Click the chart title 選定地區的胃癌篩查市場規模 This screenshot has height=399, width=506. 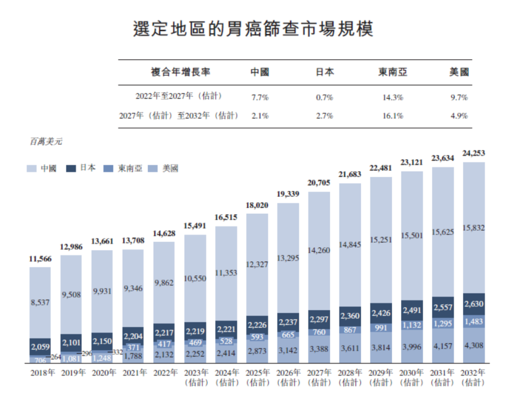(253, 29)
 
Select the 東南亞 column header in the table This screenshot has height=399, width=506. (393, 72)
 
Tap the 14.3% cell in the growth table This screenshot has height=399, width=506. (393, 98)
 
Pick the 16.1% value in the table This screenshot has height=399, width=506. (393, 115)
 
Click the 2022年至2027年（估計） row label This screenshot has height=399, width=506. (179, 97)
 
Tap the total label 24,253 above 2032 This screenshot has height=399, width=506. (474, 153)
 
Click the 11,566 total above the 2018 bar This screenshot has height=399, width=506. (40, 259)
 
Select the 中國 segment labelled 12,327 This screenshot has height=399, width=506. (257, 264)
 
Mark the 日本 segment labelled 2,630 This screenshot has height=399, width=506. (474, 304)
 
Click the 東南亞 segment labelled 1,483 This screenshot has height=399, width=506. (474, 321)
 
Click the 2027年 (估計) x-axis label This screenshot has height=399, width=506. (319, 377)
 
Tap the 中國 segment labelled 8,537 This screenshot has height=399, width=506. (40, 302)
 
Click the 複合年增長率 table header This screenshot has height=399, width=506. (180, 72)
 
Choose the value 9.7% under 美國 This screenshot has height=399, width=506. (458, 98)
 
